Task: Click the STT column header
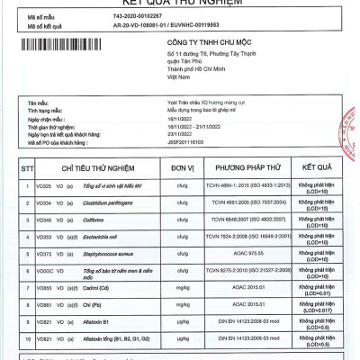tap(17, 167)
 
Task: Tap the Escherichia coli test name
tap(104, 238)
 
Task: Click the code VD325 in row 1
tap(43, 185)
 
